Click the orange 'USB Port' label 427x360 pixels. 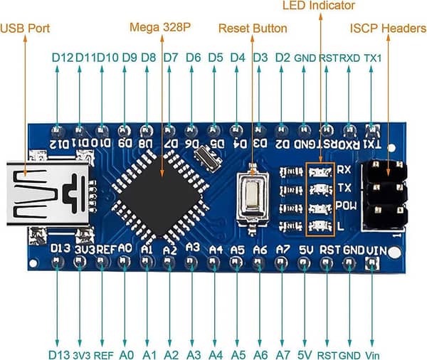click(x=25, y=28)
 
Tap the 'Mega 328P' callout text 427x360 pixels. click(x=160, y=27)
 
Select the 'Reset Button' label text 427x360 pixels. click(x=253, y=28)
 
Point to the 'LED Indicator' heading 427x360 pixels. click(x=319, y=6)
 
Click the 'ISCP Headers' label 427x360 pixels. click(x=388, y=28)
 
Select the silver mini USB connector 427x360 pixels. click(x=48, y=194)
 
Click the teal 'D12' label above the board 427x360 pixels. click(x=63, y=58)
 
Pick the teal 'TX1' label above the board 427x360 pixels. click(x=372, y=58)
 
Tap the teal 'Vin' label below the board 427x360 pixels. click(x=372, y=355)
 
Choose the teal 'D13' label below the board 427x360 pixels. click(x=59, y=355)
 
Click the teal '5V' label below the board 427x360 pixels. click(x=305, y=355)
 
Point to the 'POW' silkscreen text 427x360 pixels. click(x=346, y=206)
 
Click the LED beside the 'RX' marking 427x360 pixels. click(x=320, y=171)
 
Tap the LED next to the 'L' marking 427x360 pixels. click(x=320, y=226)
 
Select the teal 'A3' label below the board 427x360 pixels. click(x=194, y=355)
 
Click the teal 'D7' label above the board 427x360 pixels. click(x=171, y=58)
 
